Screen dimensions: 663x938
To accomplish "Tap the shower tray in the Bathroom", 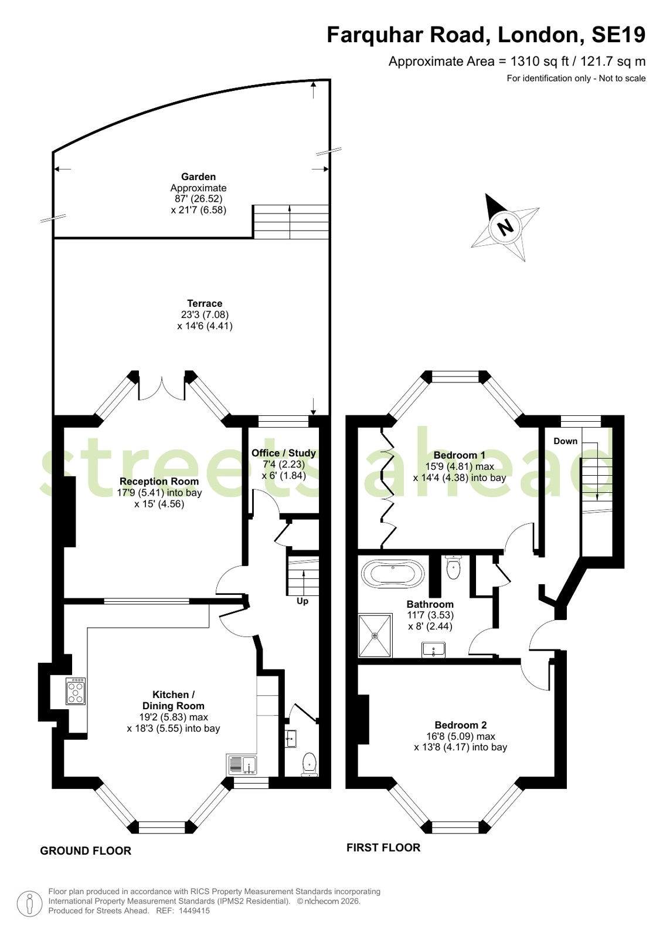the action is click(x=375, y=635).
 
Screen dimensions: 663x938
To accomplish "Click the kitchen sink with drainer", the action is click(x=242, y=764).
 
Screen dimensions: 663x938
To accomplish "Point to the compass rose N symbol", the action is click(x=505, y=228).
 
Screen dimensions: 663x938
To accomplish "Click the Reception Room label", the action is click(x=159, y=481).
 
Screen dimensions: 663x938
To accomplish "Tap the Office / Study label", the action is click(x=283, y=453).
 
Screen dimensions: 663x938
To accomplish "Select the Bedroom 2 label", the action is click(x=460, y=725).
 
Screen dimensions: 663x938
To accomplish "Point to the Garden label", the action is click(x=198, y=177).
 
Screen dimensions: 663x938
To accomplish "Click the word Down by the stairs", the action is click(x=565, y=441).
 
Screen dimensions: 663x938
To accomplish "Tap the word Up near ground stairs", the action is click(x=302, y=601).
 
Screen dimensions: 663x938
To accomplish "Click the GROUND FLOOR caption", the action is click(x=86, y=851).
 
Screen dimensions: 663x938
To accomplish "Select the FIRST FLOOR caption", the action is click(x=383, y=847).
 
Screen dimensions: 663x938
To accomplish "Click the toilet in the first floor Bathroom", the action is click(x=453, y=567).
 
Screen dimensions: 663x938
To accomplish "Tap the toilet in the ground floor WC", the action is click(x=310, y=764).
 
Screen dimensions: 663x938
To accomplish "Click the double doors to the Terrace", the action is click(x=162, y=388).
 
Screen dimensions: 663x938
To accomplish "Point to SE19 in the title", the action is click(x=618, y=35).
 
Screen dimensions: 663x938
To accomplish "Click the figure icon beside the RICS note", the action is click(x=29, y=903).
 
